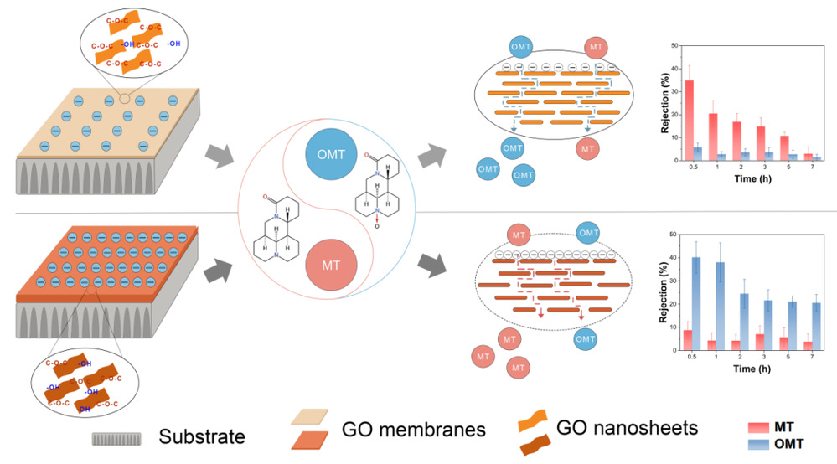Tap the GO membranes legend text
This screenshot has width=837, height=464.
pos(414,430)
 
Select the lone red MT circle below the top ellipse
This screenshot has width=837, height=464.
pos(588,148)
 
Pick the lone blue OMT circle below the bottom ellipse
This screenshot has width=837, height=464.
pos(586,339)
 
